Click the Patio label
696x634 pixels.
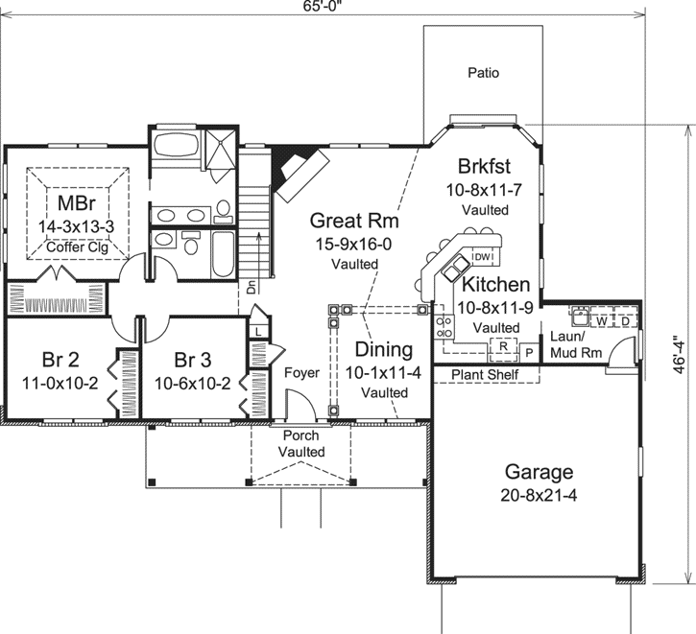point(484,72)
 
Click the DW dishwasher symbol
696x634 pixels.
point(483,257)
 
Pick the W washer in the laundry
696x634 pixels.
point(601,320)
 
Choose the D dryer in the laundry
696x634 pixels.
point(624,320)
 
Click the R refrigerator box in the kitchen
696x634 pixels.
point(503,346)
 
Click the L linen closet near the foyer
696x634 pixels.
point(259,332)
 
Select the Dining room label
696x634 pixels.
point(383,350)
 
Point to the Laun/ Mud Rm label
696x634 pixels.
point(576,344)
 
